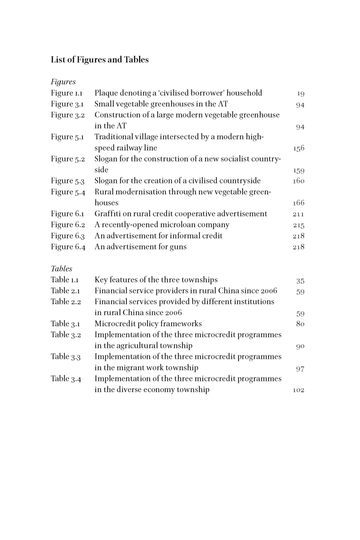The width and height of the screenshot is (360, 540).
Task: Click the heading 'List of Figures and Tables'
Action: pyautogui.click(x=100, y=60)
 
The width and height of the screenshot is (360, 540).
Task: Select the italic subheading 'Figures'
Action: pyautogui.click(x=63, y=82)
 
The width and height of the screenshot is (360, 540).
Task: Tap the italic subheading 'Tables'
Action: pyautogui.click(x=62, y=269)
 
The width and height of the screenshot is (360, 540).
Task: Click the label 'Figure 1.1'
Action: pyautogui.click(x=67, y=93)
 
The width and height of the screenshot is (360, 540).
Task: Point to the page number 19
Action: pyautogui.click(x=300, y=94)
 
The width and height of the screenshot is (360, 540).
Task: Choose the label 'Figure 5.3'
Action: pyautogui.click(x=68, y=181)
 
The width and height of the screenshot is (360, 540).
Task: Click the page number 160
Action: pyautogui.click(x=298, y=181)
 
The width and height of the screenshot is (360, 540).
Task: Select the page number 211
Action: pyautogui.click(x=298, y=214)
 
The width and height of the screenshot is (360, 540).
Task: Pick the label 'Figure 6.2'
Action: pyautogui.click(x=68, y=225)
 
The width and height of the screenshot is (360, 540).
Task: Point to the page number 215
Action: pyautogui.click(x=298, y=226)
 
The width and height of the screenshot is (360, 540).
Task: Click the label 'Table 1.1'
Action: pyautogui.click(x=65, y=280)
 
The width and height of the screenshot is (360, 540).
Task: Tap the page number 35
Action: pyautogui.click(x=300, y=281)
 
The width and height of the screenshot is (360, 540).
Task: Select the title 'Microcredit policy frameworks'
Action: pyautogui.click(x=148, y=324)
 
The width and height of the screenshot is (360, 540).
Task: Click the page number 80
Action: pyautogui.click(x=300, y=324)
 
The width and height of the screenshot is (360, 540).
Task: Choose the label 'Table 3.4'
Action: pyautogui.click(x=66, y=378)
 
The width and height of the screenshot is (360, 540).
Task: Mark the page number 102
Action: pyautogui.click(x=298, y=391)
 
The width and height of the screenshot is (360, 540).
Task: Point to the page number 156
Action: pyautogui.click(x=298, y=148)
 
